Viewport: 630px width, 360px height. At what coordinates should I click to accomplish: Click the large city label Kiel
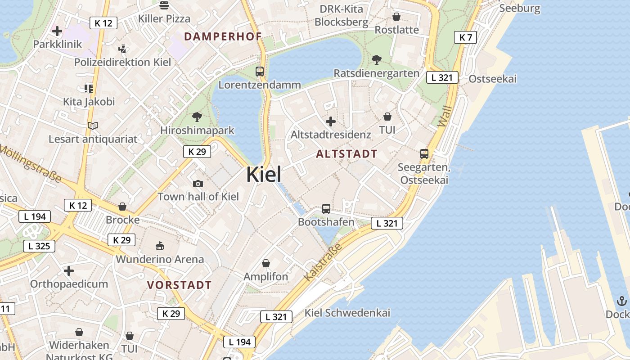[x=264, y=175]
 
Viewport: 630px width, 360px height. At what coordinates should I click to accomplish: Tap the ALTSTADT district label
[x=346, y=154]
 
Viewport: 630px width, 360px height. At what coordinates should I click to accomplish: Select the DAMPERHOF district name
[x=223, y=37]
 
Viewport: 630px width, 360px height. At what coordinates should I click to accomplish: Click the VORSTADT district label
[x=179, y=285]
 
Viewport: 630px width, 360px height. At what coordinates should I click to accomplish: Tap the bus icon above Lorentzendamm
[x=260, y=71]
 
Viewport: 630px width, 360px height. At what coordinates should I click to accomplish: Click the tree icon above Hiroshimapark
[x=197, y=117]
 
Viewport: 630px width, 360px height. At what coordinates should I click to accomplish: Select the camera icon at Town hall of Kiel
[x=198, y=184]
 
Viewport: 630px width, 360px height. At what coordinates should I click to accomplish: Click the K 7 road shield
[x=465, y=37]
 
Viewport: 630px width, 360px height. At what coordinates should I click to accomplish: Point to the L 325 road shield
[x=39, y=246]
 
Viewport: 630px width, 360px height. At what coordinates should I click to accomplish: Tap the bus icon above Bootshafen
[x=326, y=209]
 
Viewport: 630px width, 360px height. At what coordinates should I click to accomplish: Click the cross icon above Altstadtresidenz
[x=331, y=121]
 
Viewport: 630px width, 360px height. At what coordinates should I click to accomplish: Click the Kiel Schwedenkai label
[x=347, y=313]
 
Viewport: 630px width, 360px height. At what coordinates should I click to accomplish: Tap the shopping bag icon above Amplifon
[x=266, y=263]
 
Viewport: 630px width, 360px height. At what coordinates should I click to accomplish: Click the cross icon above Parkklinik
[x=57, y=31]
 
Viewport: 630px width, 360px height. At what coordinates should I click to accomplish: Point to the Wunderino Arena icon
[x=160, y=246]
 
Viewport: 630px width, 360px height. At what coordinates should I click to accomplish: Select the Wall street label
[x=445, y=116]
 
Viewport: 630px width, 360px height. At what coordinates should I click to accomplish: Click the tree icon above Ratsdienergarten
[x=377, y=59]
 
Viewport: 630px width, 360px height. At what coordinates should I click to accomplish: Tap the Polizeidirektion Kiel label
[x=122, y=62]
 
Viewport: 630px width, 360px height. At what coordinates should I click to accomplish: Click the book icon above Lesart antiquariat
[x=93, y=126]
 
